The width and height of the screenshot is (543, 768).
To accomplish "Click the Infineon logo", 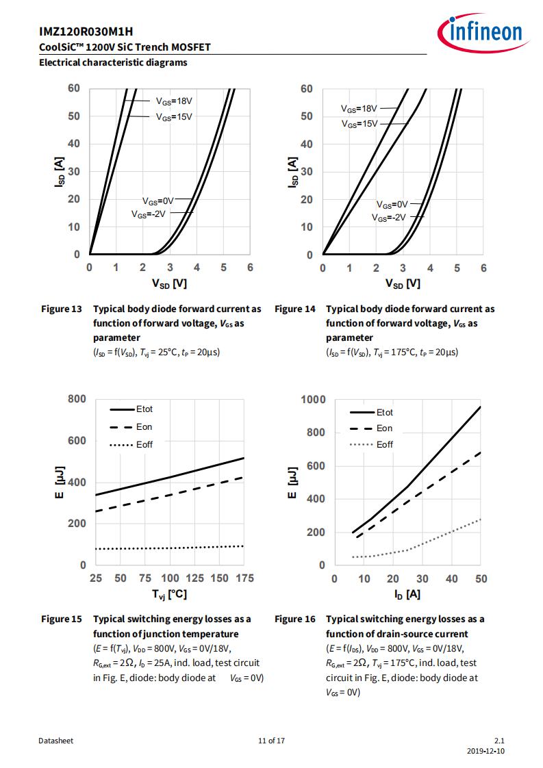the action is tap(483, 33).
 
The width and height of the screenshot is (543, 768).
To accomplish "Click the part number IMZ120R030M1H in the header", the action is tap(86, 32).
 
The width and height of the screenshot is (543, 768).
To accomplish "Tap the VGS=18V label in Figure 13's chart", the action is tap(174, 101).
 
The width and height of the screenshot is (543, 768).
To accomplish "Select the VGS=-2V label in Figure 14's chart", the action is tap(389, 218).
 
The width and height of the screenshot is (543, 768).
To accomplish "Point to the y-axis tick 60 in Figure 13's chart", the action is tap(74, 88).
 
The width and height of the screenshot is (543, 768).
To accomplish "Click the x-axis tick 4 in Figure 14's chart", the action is tap(430, 268).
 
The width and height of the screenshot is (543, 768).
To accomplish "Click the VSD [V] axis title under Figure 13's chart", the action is tap(169, 283).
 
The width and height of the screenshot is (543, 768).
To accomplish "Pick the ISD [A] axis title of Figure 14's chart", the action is tap(292, 172).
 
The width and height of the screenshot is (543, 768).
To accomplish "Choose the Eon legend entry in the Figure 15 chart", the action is tap(144, 427).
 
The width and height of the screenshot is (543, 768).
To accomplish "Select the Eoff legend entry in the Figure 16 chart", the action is tap(385, 445).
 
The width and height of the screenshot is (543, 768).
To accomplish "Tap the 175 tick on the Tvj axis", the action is tap(244, 578).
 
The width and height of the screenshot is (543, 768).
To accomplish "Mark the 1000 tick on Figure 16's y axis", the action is tap(313, 400).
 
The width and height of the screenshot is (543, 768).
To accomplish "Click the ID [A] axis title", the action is tap(407, 595).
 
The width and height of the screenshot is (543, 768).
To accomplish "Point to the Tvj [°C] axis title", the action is tap(169, 595).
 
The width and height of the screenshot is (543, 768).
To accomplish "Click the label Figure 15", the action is tap(61, 619).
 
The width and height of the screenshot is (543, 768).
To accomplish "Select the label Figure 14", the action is tap(295, 309).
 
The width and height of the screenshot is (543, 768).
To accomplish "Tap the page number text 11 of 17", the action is tap(271, 741).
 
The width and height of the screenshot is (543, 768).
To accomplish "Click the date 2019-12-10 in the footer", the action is tap(485, 751).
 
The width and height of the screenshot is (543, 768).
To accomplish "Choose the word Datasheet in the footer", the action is tap(56, 741).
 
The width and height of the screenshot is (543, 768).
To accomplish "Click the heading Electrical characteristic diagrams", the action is tap(113, 63).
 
